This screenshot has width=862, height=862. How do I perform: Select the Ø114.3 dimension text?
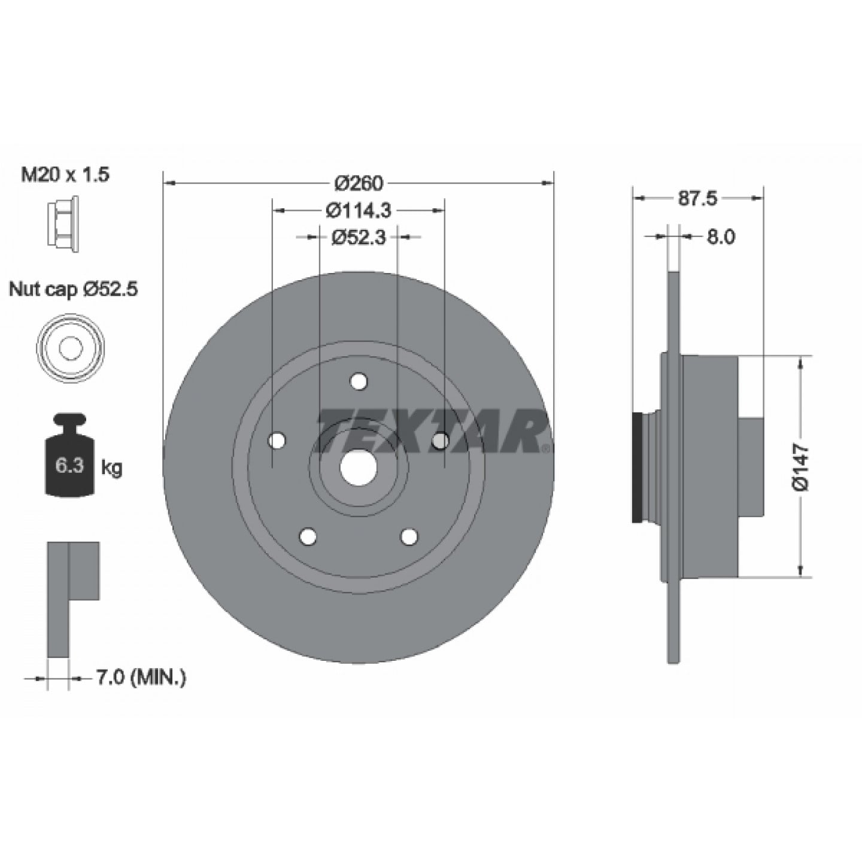(x=359, y=210)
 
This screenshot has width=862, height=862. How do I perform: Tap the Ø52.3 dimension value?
(x=359, y=237)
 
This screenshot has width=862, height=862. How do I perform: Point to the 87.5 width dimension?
(x=697, y=198)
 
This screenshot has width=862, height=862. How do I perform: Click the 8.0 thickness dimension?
(x=721, y=236)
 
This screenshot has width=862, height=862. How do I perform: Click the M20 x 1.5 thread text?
(x=65, y=175)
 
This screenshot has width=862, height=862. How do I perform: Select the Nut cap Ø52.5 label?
(x=74, y=290)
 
